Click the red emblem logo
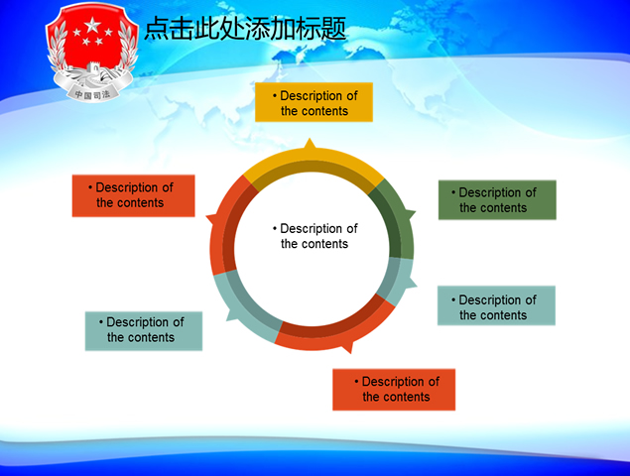coord(91,55)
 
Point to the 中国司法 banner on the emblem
coord(91,94)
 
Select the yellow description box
coord(314,103)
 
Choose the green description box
coord(497,199)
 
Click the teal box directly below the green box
coord(496,306)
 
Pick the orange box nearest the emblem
coord(133,195)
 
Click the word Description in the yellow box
coord(318,96)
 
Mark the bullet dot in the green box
coord(453,192)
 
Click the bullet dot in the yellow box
coord(275,96)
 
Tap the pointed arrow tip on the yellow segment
coord(311,144)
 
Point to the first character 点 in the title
coord(156,29)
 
